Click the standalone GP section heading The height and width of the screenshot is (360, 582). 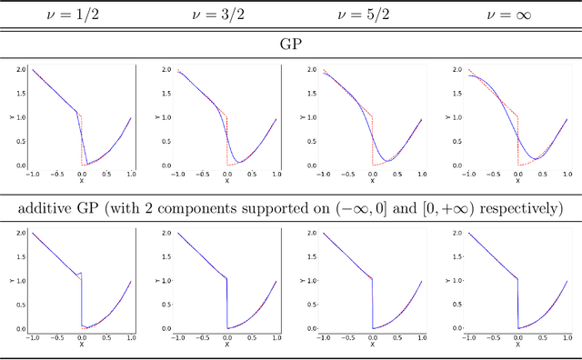[x=291, y=42]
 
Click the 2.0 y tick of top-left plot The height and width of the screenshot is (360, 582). [x=20, y=69]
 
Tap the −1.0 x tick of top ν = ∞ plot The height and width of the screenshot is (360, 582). [x=467, y=175]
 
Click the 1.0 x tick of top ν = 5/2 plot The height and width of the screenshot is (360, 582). [x=423, y=175]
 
